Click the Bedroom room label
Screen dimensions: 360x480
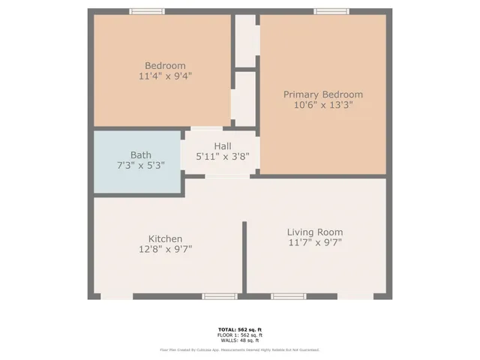pos(164,65)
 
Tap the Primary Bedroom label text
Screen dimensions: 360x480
pos(322,94)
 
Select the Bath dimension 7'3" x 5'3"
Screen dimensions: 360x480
pos(140,165)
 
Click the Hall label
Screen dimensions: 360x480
pos(222,146)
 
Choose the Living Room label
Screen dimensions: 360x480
pos(315,232)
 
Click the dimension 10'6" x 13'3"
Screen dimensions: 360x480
pos(322,106)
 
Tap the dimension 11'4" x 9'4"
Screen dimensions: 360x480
pos(164,76)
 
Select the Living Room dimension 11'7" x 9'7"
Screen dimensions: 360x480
pos(315,243)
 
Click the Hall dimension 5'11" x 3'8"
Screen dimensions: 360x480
pos(222,157)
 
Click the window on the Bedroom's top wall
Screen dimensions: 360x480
pos(147,11)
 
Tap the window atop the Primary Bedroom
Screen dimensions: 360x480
pos(331,11)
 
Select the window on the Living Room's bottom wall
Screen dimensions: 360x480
pos(289,296)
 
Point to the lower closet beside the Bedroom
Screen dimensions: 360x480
pos(244,98)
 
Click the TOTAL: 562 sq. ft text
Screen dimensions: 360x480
pos(239,329)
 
